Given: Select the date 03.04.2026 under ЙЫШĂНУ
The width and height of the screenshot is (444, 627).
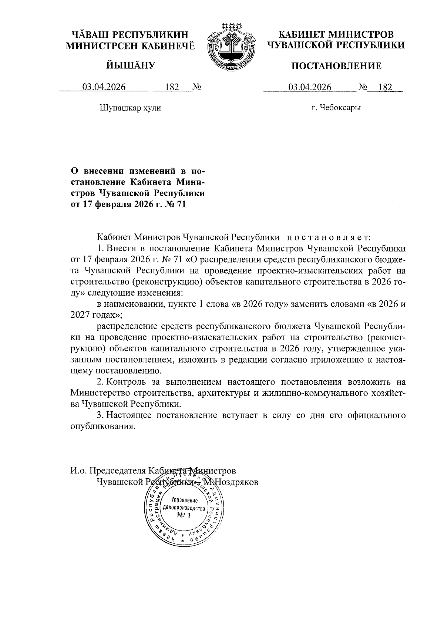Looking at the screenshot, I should point(104,87).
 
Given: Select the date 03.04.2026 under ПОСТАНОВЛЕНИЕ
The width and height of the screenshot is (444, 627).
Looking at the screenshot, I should point(310,87).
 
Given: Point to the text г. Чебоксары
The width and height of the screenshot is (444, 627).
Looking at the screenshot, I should point(336,108).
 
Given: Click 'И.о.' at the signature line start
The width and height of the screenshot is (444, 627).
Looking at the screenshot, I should point(79,471).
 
